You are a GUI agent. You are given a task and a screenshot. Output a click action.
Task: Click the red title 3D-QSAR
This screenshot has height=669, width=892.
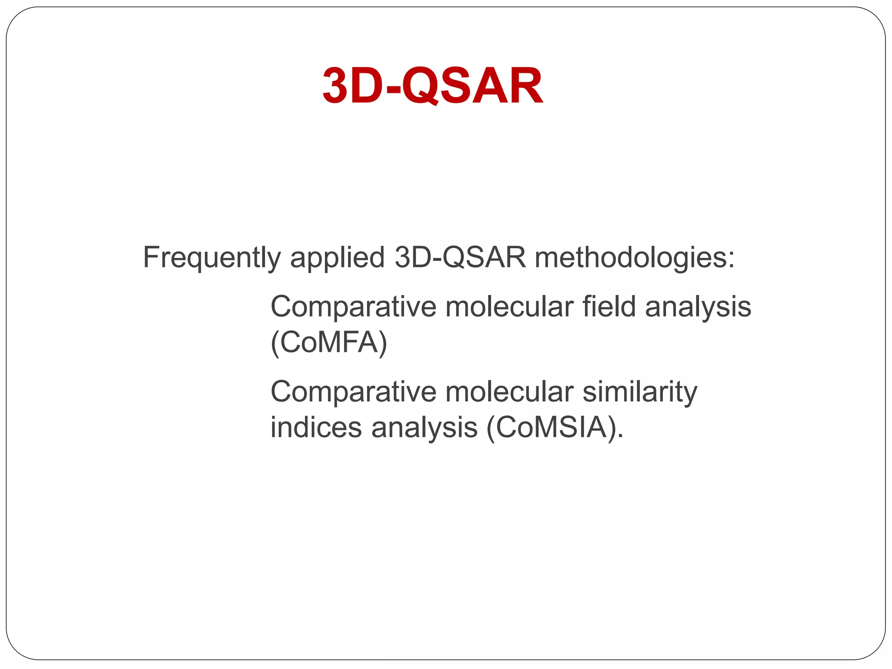coord(432,86)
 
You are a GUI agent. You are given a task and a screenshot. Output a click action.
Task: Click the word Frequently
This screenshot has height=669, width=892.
coord(212,257)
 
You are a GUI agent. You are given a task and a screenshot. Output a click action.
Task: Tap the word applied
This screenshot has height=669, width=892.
coord(337,257)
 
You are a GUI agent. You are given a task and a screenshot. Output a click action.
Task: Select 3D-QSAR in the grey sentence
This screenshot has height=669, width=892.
coord(460,257)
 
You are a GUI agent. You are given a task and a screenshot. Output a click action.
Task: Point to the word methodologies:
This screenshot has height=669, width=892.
coord(635,257)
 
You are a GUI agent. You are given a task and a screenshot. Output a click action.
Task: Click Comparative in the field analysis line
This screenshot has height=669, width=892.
coord(353,307)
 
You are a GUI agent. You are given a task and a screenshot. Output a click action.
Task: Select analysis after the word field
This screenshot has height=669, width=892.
coord(698,307)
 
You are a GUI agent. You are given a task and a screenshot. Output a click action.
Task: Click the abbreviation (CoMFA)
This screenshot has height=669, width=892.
coord(329,343)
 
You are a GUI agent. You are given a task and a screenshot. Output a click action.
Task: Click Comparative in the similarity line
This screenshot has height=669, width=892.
coord(353,392)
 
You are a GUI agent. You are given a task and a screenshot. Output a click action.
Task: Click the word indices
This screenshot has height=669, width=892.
coord(316,427)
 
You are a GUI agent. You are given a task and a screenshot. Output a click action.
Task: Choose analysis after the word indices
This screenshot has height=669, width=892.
coord(424,427)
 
